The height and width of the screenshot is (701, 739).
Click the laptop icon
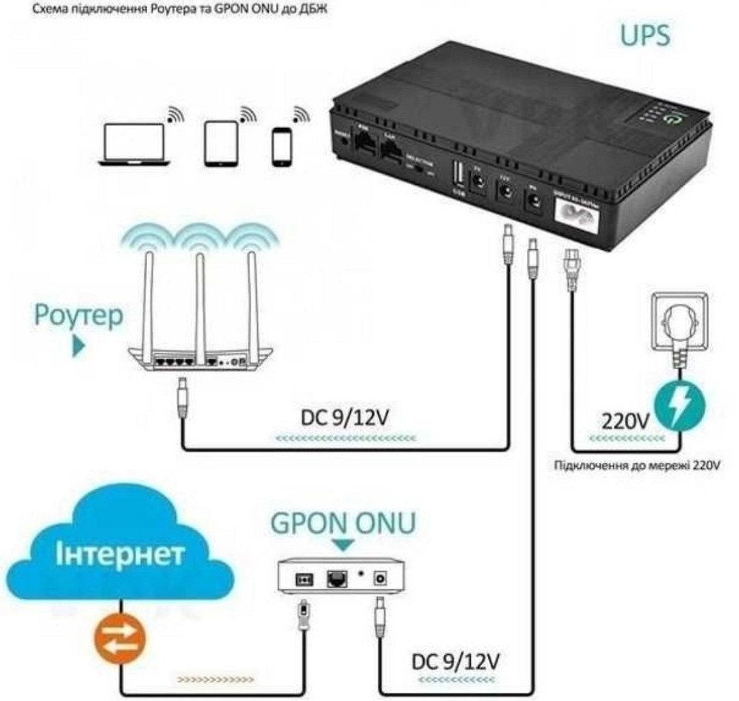(x=134, y=144)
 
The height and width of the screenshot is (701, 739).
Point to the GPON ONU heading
(x=343, y=524)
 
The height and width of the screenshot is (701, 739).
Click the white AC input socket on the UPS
(x=580, y=218)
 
